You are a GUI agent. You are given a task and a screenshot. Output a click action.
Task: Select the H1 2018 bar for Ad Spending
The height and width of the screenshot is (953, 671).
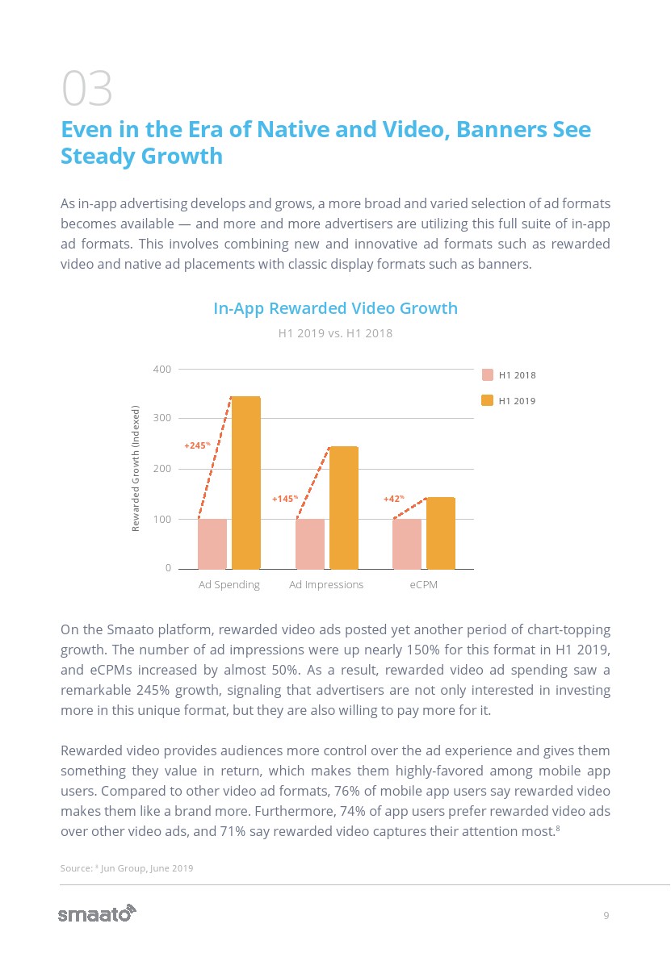click(x=212, y=544)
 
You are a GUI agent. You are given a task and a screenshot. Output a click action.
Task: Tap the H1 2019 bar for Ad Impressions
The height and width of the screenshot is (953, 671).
click(x=343, y=508)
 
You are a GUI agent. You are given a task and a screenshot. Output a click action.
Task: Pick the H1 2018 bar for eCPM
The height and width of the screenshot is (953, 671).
click(x=407, y=544)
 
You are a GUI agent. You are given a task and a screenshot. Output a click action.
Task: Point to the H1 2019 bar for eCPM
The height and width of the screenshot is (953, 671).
click(x=441, y=533)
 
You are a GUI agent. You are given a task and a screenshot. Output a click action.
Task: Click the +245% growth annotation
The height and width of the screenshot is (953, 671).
click(x=197, y=445)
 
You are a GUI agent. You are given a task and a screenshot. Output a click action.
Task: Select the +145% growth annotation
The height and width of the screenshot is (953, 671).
click(x=285, y=499)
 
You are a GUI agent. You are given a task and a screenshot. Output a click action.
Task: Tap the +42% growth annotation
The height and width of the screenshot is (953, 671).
click(x=393, y=499)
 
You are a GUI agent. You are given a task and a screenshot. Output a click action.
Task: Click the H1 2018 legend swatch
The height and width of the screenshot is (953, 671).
click(x=488, y=375)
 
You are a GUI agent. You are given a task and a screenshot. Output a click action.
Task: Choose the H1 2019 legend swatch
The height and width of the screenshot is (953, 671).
click(x=488, y=401)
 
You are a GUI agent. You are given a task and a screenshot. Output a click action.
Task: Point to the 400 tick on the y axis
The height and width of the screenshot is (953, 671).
click(x=162, y=370)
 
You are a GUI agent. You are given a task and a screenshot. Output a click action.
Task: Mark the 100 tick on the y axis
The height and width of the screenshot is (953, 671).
click(x=162, y=520)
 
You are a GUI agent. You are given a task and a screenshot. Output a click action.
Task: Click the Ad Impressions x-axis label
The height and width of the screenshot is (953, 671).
click(x=326, y=585)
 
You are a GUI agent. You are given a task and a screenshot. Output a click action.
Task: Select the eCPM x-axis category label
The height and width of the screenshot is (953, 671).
click(x=423, y=585)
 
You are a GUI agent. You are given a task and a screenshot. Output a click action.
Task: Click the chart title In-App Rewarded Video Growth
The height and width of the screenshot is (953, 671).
click(x=335, y=308)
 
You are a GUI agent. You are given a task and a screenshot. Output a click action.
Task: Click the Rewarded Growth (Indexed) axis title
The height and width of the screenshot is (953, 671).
click(x=136, y=468)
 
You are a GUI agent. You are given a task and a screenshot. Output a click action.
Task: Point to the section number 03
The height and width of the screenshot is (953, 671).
click(x=86, y=90)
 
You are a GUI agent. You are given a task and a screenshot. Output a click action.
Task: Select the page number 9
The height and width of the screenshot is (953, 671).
click(x=606, y=915)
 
